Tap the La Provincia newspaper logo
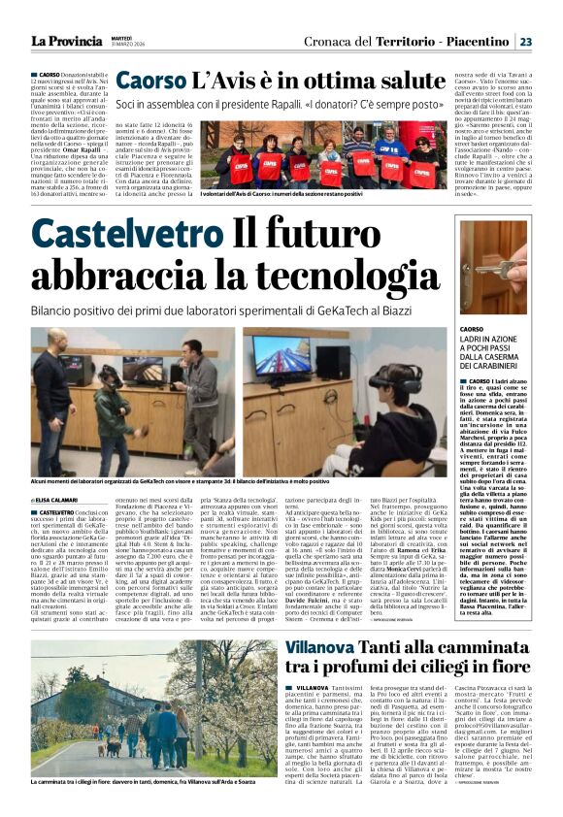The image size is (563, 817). [65, 42]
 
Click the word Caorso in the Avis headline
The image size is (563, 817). [152, 82]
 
